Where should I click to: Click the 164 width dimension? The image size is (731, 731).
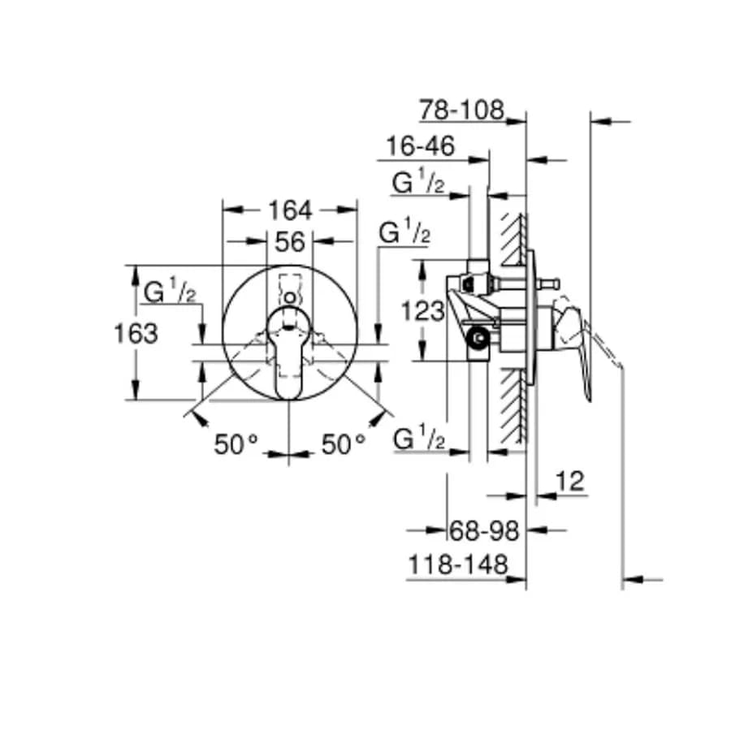coord(289,210)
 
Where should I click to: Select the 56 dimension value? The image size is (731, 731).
coord(289,242)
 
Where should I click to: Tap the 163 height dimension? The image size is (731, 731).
coord(136,334)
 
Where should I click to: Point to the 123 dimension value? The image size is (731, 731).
coord(423,311)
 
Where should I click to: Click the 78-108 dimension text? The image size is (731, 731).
coord(461,110)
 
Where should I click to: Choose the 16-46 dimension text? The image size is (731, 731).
coord(421,146)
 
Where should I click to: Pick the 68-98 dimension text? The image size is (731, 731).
coord(484,530)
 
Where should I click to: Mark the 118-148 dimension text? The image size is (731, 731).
coord(458,564)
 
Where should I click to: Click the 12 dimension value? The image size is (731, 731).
coord(569,481)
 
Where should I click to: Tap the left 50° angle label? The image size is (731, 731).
coord(236,443)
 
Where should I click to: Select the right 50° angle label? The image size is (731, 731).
coord(343,443)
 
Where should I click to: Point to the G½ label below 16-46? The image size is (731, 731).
coord(418,182)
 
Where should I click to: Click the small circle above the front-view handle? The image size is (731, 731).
coord(290,298)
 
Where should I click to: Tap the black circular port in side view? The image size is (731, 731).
coord(478,338)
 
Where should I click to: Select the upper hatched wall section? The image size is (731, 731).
coord(514,240)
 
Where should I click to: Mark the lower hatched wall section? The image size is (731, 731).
coord(514,405)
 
